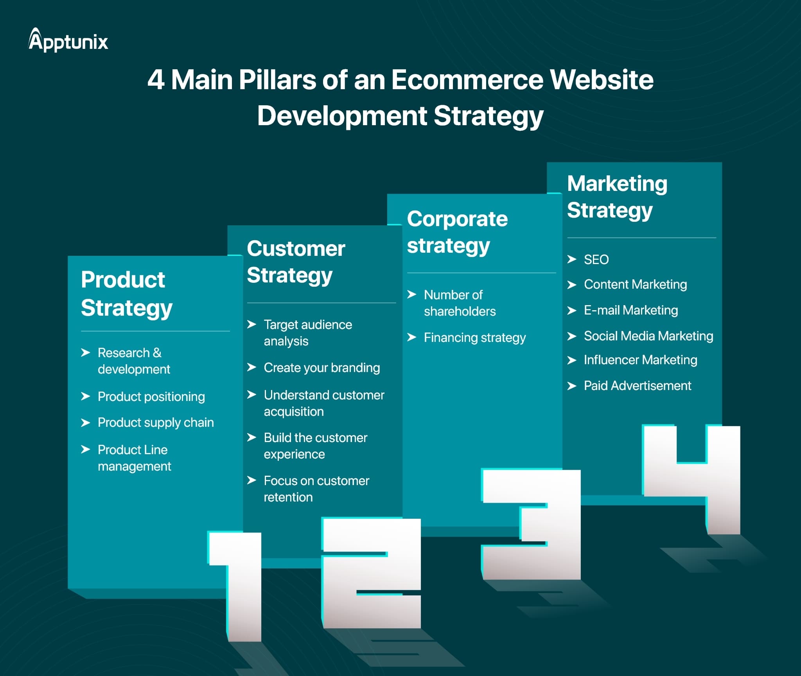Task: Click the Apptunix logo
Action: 68,40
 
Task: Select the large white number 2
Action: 371,573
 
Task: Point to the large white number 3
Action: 531,524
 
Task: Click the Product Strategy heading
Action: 127,294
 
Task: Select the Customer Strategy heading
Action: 296,262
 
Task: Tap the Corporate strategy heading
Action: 458,232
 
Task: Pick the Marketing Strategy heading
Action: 617,197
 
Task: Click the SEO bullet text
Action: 596,259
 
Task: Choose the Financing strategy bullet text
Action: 475,338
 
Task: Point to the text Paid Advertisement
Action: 638,386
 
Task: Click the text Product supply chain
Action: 156,423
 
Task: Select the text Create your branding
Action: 322,368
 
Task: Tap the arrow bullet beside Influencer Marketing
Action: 572,360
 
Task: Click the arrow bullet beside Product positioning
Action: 86,396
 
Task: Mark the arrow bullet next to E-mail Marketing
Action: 572,310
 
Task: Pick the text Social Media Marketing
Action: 648,336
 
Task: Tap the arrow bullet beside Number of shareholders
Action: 412,294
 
